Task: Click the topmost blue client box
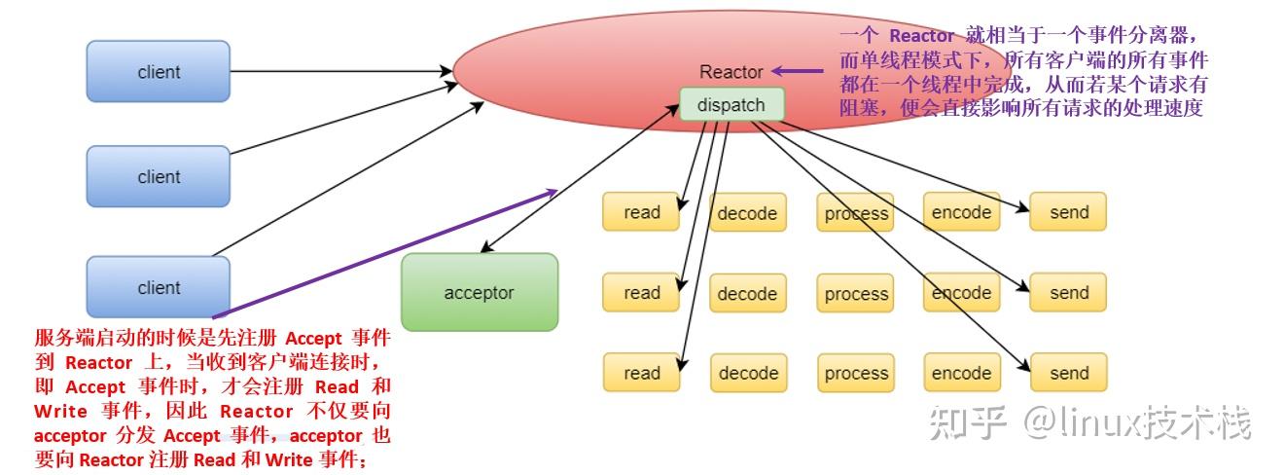coord(158,71)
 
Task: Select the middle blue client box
coord(158,176)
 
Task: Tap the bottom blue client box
coord(158,287)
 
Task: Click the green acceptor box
coord(479,292)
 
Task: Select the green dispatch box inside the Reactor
coord(731,105)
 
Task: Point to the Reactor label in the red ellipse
coord(731,72)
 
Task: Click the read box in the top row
coord(641,212)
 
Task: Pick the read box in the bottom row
coord(641,373)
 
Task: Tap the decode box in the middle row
coord(747,293)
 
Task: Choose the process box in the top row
coord(856,213)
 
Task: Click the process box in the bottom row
coord(856,373)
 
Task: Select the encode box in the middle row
coord(961,292)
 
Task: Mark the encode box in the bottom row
coord(961,373)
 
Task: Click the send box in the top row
coord(1068,212)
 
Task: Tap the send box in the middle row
coord(1068,292)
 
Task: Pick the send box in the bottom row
coord(1068,373)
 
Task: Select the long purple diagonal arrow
coord(389,252)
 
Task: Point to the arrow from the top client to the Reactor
coord(340,71)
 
